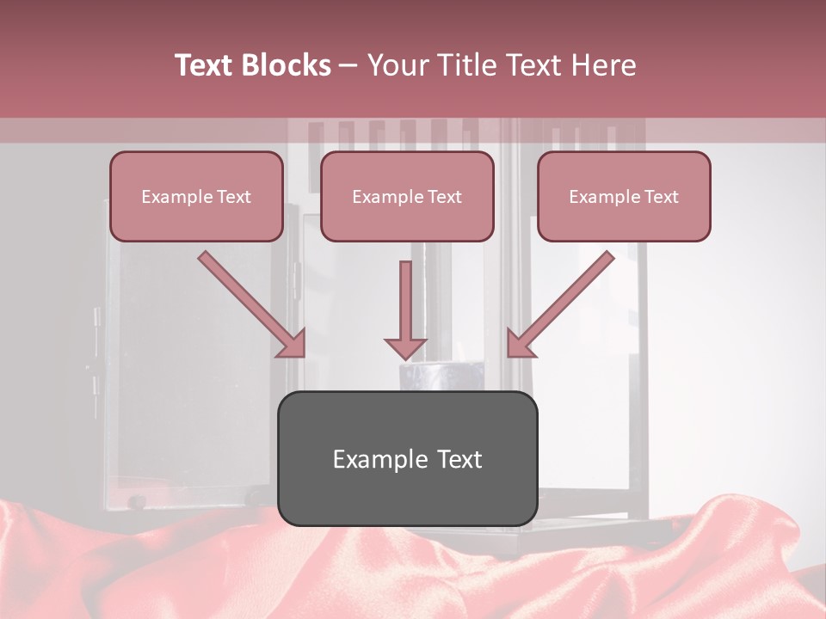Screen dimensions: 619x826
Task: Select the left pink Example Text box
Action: [x=196, y=196]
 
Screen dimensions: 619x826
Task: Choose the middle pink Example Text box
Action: [x=407, y=196]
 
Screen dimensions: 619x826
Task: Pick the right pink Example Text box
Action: [x=624, y=196]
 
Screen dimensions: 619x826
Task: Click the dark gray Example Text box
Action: [x=407, y=458]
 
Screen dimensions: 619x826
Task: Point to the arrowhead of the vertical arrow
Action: [x=405, y=347]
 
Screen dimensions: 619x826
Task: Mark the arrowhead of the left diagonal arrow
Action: [x=293, y=343]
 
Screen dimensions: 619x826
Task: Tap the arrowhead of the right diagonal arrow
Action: [x=520, y=343]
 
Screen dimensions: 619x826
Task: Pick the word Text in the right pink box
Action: [x=661, y=197]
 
